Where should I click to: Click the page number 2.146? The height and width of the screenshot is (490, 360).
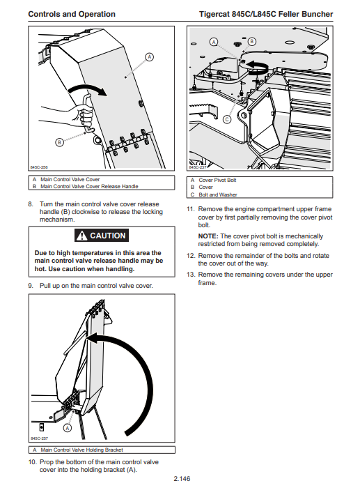pyautogui.click(x=182, y=478)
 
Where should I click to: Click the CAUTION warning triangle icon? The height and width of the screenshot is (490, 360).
pyautogui.click(x=81, y=236)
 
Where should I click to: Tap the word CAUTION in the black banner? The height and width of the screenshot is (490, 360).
pyautogui.click(x=108, y=236)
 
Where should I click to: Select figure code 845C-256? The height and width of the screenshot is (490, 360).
pyautogui.click(x=39, y=167)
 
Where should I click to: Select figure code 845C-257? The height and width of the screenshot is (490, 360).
pyautogui.click(x=39, y=438)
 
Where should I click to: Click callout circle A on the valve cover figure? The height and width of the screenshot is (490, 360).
pyautogui.click(x=150, y=57)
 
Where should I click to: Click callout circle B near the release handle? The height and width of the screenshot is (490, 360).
pyautogui.click(x=59, y=142)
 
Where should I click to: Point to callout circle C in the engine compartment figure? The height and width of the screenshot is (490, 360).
pyautogui.click(x=227, y=119)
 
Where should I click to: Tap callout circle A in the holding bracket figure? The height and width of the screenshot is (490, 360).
pyautogui.click(x=68, y=428)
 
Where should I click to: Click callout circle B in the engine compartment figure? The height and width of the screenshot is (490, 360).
pyautogui.click(x=251, y=42)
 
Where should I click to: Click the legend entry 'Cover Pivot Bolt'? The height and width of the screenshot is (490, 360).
pyautogui.click(x=217, y=180)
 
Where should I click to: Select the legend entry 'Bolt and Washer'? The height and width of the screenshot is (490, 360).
pyautogui.click(x=218, y=194)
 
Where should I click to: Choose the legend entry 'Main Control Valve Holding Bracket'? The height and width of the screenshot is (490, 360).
pyautogui.click(x=81, y=450)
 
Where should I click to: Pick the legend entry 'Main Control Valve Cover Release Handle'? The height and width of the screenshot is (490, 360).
pyautogui.click(x=89, y=186)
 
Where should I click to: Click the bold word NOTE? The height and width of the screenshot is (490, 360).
pyautogui.click(x=208, y=236)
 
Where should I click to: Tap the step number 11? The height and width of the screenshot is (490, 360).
pyautogui.click(x=191, y=208)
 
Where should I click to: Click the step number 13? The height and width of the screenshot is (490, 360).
pyautogui.click(x=191, y=275)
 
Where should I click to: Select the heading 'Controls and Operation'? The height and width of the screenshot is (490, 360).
pyautogui.click(x=72, y=14)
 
